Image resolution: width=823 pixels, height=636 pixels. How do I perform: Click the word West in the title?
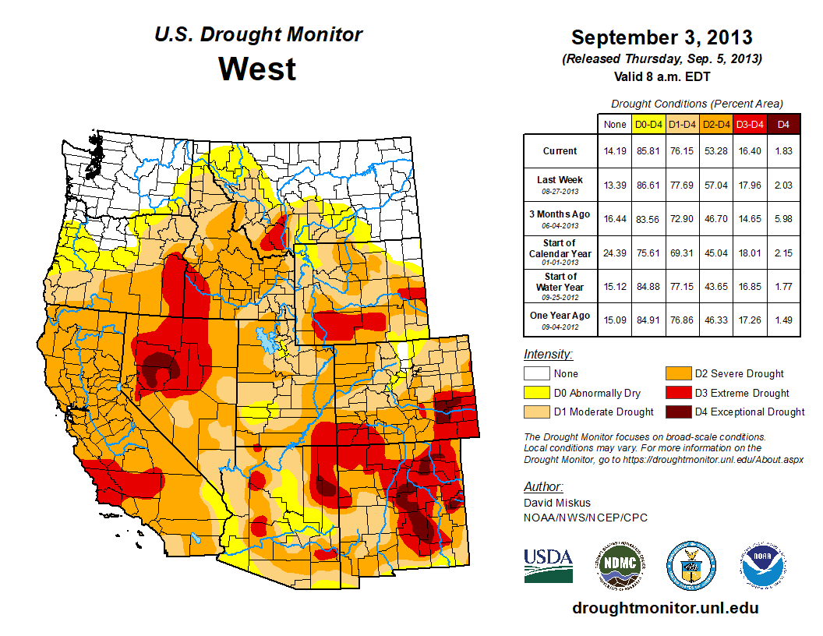[x=257, y=69]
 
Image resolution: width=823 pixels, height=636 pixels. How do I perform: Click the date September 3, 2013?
[x=661, y=37]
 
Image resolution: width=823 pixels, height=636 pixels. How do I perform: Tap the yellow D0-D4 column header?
[x=648, y=124]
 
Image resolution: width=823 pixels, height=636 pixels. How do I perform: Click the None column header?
[x=615, y=124]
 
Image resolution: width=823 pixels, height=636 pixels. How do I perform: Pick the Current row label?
[x=560, y=151]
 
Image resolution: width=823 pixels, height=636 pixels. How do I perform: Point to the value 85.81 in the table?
[x=648, y=151]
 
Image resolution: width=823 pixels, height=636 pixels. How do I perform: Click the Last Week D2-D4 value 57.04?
[x=715, y=185]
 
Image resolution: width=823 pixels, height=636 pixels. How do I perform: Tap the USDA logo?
[x=548, y=564]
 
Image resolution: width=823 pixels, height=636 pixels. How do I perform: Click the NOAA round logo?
[x=763, y=564]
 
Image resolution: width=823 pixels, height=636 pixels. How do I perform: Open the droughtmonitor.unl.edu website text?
[x=665, y=608]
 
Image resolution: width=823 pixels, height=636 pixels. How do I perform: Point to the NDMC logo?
[x=619, y=564]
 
